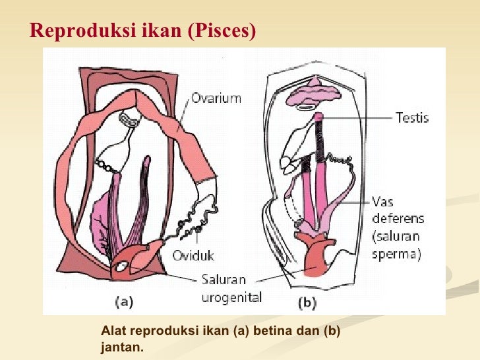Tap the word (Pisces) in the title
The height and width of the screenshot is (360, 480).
click(222, 31)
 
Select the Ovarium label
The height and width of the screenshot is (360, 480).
click(216, 99)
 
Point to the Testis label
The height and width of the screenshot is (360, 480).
click(411, 118)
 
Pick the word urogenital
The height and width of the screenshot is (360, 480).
click(231, 298)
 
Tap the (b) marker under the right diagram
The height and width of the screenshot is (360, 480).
click(307, 303)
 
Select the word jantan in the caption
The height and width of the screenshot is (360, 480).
click(120, 345)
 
